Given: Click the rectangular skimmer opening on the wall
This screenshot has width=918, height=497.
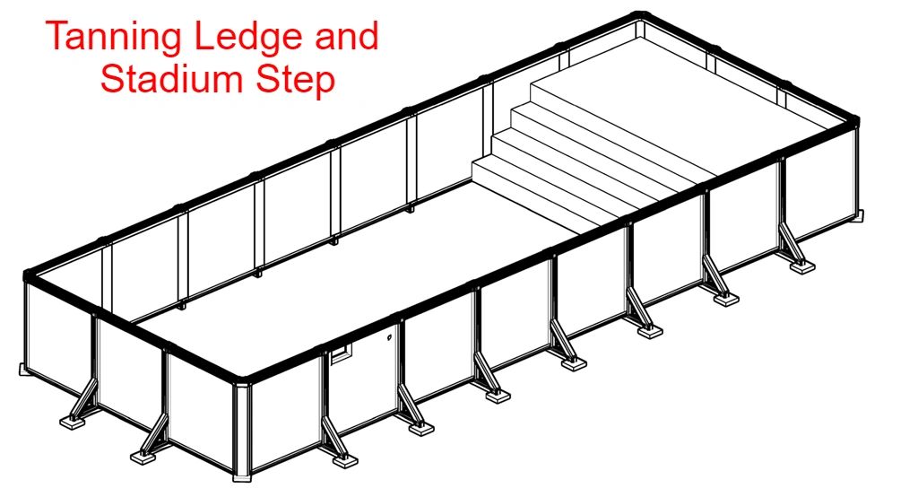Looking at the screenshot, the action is (342, 355).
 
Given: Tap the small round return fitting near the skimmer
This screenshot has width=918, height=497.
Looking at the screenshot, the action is (389, 337).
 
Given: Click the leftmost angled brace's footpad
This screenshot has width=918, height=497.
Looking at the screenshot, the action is (74, 422).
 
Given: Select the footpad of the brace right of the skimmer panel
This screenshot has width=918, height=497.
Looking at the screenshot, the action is (421, 430).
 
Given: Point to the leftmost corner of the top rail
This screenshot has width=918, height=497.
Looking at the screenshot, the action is (28, 275).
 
